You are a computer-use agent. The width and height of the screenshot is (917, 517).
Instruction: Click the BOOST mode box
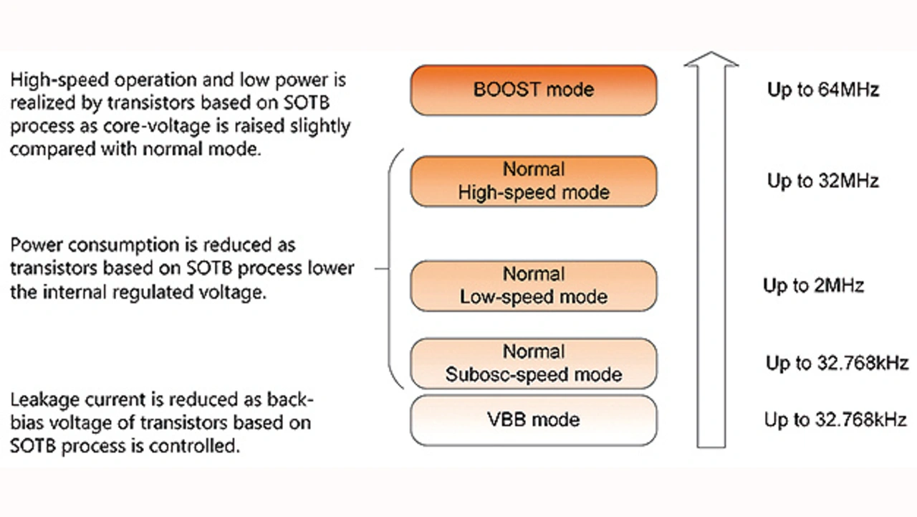click(533, 90)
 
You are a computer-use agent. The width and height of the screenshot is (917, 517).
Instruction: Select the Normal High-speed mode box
click(533, 181)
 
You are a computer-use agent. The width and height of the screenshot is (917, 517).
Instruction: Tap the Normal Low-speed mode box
click(533, 286)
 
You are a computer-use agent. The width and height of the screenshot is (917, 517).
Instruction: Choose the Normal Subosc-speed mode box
click(533, 364)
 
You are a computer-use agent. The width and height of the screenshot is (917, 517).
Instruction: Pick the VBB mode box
click(533, 419)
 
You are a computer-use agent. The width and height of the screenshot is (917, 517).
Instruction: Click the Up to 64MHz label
click(822, 90)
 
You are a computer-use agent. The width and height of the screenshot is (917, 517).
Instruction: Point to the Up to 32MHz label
click(822, 181)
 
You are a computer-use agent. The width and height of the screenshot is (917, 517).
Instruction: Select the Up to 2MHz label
click(813, 286)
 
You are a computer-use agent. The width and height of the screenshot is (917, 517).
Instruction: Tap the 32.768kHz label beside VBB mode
click(836, 420)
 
